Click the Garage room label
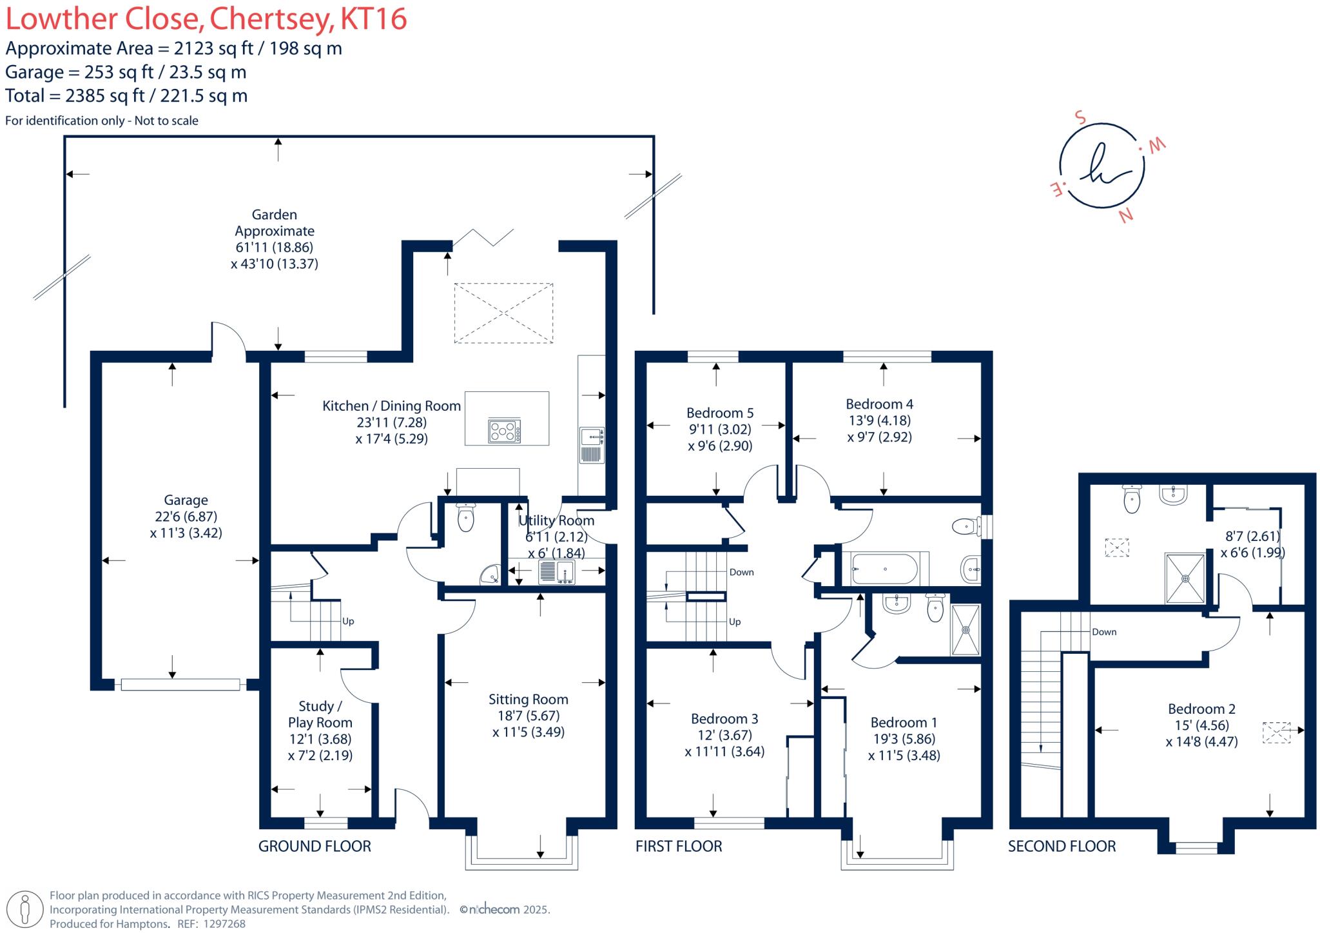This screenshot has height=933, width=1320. tap(186, 500)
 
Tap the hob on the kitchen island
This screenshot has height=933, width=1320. tap(505, 431)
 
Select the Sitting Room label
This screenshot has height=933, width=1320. tap(528, 700)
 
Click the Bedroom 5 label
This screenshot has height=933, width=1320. tap(719, 413)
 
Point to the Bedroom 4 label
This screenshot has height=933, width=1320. tap(879, 404)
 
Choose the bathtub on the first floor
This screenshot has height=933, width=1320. tap(884, 569)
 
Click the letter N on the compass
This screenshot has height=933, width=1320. tap(1125, 216)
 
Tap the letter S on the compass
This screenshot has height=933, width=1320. tap(1080, 118)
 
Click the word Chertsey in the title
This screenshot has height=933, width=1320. tap(272, 19)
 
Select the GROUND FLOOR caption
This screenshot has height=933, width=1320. tap(315, 847)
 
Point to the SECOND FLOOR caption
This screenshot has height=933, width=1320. tap(1062, 847)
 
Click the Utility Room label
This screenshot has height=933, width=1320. tap(556, 521)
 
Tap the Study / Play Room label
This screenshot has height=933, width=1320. tap(320, 714)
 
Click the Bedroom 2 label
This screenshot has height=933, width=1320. tap(1201, 709)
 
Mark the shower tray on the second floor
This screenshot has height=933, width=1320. tap(1185, 578)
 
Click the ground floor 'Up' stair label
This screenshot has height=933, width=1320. tap(348, 622)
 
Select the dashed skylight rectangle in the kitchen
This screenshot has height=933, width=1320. tap(503, 313)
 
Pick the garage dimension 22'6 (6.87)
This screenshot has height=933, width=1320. tap(186, 516)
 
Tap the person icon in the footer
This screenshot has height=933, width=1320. tap(25, 909)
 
